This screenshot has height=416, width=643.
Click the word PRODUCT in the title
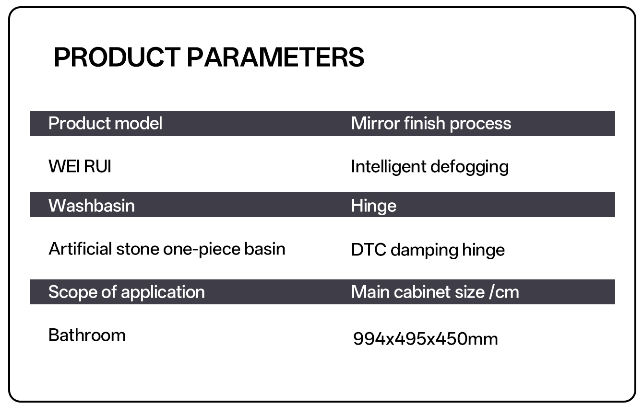click(117, 57)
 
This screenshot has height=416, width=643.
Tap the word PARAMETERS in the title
click(275, 57)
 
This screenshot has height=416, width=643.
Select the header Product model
click(105, 124)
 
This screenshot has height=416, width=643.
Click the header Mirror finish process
click(431, 124)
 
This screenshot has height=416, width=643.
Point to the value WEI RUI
click(80, 166)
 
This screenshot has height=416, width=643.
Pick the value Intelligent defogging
click(430, 167)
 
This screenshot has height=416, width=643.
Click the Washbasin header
click(91, 206)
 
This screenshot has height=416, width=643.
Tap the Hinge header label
click(373, 206)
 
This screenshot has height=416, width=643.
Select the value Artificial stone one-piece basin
click(167, 249)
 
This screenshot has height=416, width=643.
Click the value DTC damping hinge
click(428, 250)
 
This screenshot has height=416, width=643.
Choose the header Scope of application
click(126, 292)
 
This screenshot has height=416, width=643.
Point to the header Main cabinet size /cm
click(435, 292)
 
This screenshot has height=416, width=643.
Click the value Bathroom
click(87, 335)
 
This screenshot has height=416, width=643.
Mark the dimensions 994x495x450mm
click(426, 339)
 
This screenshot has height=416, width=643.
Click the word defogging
click(469, 167)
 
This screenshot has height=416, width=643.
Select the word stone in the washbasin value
click(138, 249)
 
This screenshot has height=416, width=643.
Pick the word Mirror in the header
click(375, 124)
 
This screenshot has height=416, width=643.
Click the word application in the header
click(163, 292)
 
